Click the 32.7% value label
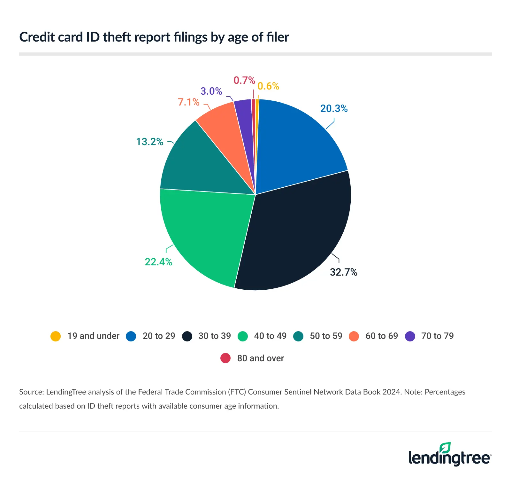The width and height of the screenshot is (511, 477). click(343, 272)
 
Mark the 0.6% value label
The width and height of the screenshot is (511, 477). click(268, 86)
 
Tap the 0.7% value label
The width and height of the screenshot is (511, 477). click(244, 80)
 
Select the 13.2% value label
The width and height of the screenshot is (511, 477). click(149, 142)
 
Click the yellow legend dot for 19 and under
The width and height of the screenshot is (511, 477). click(56, 336)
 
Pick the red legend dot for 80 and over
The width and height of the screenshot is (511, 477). click(225, 358)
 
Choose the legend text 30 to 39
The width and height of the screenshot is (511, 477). click(214, 336)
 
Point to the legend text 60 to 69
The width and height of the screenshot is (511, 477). click(382, 336)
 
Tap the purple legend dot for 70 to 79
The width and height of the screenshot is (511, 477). click(410, 336)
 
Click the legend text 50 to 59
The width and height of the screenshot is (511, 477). click(326, 336)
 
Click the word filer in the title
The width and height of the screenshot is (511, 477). click(278, 37)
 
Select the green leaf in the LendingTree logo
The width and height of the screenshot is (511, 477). click(445, 448)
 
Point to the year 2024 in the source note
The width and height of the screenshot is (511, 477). click(391, 392)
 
